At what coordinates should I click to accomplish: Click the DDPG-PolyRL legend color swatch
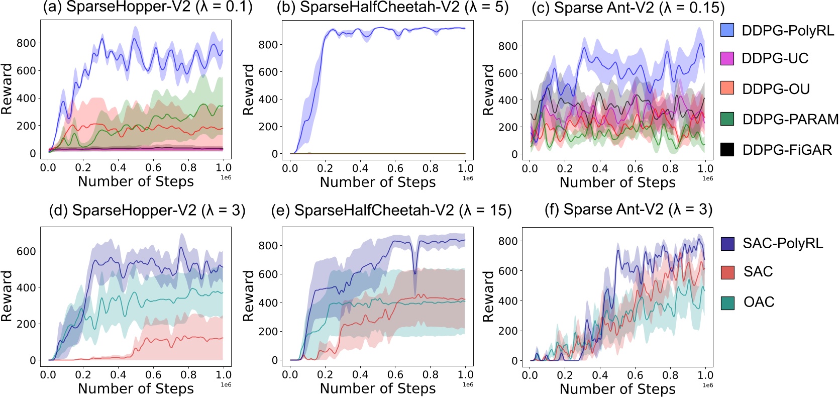pyautogui.click(x=727, y=30)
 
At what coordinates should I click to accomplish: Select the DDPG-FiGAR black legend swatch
pyautogui.click(x=727, y=149)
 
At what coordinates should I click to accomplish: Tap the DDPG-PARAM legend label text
pyautogui.click(x=790, y=119)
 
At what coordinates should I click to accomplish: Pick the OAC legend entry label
pyautogui.click(x=759, y=302)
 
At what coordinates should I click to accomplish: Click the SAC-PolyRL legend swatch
pyautogui.click(x=727, y=244)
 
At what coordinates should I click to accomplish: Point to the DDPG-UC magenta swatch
pyautogui.click(x=727, y=58)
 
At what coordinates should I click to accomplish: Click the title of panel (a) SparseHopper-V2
pyautogui.click(x=148, y=8)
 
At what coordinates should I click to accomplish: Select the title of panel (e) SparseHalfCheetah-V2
pyautogui.click(x=391, y=210)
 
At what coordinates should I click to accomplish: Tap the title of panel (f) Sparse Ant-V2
pyautogui.click(x=628, y=209)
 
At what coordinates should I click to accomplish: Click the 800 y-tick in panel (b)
pyautogui.click(x=268, y=45)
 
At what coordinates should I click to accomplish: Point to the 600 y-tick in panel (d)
pyautogui.click(x=26, y=251)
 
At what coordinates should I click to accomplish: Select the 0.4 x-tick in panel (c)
pyautogui.click(x=600, y=168)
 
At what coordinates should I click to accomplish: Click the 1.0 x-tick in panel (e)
pyautogui.click(x=465, y=375)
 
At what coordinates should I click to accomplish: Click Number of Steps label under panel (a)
pyautogui.click(x=136, y=181)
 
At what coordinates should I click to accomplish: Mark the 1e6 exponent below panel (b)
pyautogui.click(x=468, y=178)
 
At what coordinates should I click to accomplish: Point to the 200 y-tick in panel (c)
pyautogui.click(x=507, y=127)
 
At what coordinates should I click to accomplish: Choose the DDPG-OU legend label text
pyautogui.click(x=776, y=89)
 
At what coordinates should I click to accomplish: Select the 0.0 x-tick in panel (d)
pyautogui.click(x=48, y=375)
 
